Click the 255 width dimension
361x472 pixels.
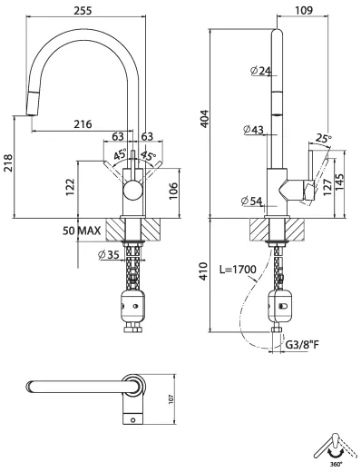point(83,11)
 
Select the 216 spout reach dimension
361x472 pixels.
point(83,124)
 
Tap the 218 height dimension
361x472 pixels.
point(8,163)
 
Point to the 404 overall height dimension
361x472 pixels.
point(205,118)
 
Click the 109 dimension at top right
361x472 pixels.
point(304,10)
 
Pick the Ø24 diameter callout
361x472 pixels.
point(260,71)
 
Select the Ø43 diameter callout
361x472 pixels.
point(254,130)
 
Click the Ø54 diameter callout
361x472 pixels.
point(251,201)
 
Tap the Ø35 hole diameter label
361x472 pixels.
point(109,255)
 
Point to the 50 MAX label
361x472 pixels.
point(82,231)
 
